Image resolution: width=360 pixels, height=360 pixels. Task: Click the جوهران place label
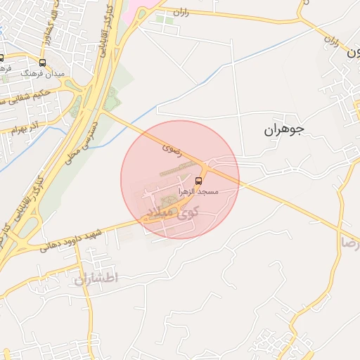point(284,129)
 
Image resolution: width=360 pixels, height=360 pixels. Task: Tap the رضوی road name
point(172,148)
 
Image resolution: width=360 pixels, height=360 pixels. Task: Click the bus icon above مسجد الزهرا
point(207,181)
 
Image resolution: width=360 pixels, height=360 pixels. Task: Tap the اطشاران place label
point(96,278)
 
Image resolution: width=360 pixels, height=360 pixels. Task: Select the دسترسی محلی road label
point(80,141)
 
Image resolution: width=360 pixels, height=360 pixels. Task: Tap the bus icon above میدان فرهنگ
point(43,63)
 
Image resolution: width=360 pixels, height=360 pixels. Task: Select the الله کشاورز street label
point(49,25)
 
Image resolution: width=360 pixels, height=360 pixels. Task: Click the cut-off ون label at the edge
point(353,52)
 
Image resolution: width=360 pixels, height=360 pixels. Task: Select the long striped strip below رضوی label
point(179,169)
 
